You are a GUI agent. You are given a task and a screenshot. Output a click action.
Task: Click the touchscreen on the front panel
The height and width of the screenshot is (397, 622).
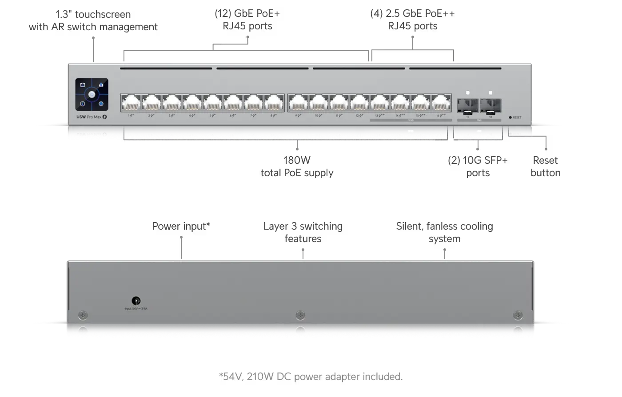pos(92,94)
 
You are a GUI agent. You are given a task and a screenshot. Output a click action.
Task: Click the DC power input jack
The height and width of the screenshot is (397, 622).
pos(137,301)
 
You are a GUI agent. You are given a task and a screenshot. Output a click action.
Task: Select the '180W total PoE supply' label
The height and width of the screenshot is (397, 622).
pos(297,166)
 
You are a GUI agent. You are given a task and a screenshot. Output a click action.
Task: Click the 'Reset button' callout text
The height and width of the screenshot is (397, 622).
pos(545,166)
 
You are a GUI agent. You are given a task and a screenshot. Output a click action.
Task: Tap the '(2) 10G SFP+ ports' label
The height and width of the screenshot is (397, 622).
pos(478,166)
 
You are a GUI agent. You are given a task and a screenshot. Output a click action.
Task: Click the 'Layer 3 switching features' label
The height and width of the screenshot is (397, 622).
pos(303,232)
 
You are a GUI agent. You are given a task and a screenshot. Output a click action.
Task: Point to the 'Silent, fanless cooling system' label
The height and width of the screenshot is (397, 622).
pos(444,232)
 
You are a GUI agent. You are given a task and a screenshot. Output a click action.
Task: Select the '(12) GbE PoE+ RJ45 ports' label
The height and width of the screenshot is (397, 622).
pos(247,20)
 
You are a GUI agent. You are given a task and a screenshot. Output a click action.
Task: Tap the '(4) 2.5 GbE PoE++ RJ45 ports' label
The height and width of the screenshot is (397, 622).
pos(413,20)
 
